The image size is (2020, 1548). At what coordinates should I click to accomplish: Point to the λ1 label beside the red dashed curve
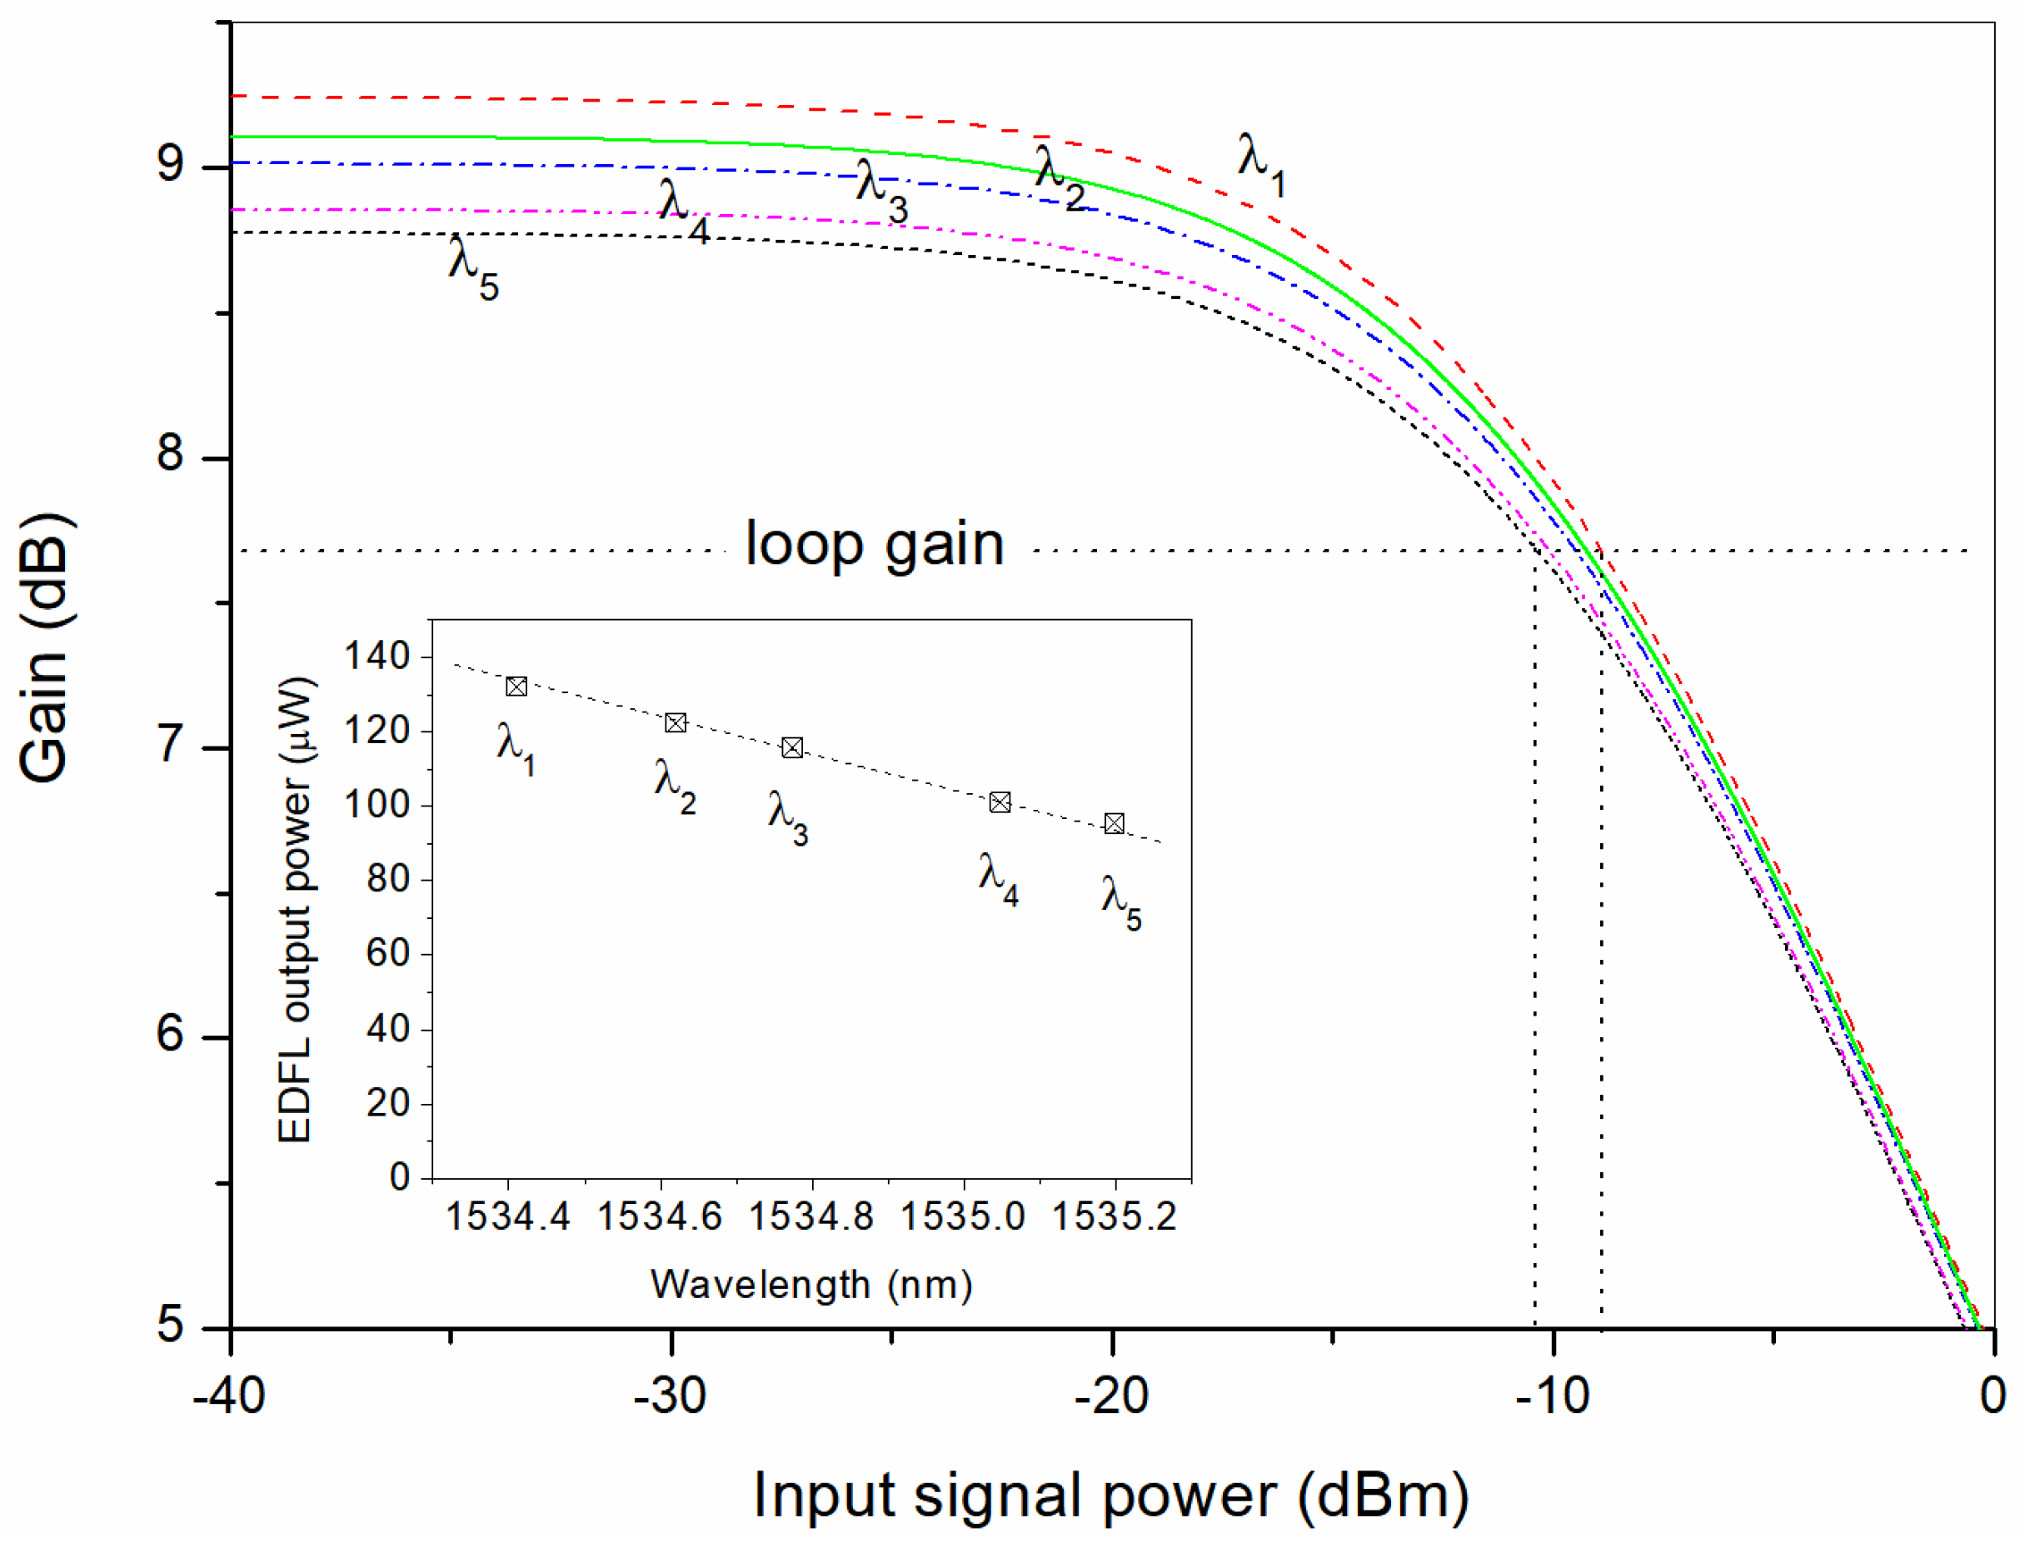[x=1260, y=164]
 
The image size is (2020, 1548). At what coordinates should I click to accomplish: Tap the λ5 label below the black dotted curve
[x=472, y=268]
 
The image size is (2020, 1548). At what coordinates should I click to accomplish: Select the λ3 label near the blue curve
[x=880, y=191]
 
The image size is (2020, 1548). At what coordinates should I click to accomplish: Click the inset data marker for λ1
[x=516, y=687]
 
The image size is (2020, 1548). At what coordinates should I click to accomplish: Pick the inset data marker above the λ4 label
[x=1000, y=802]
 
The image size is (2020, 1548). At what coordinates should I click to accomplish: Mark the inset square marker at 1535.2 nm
[x=1114, y=824]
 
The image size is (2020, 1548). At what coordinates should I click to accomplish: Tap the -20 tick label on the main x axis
[x=1111, y=1397]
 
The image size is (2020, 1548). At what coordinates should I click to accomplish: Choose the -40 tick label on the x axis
[x=228, y=1397]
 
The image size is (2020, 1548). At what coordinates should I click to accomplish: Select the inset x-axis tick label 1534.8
[x=810, y=1217]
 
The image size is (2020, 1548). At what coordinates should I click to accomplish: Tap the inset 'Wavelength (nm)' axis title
[x=810, y=1285]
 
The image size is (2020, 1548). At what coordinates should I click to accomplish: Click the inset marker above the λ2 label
[x=676, y=723]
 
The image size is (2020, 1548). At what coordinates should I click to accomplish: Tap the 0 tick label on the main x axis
[x=1993, y=1397]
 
